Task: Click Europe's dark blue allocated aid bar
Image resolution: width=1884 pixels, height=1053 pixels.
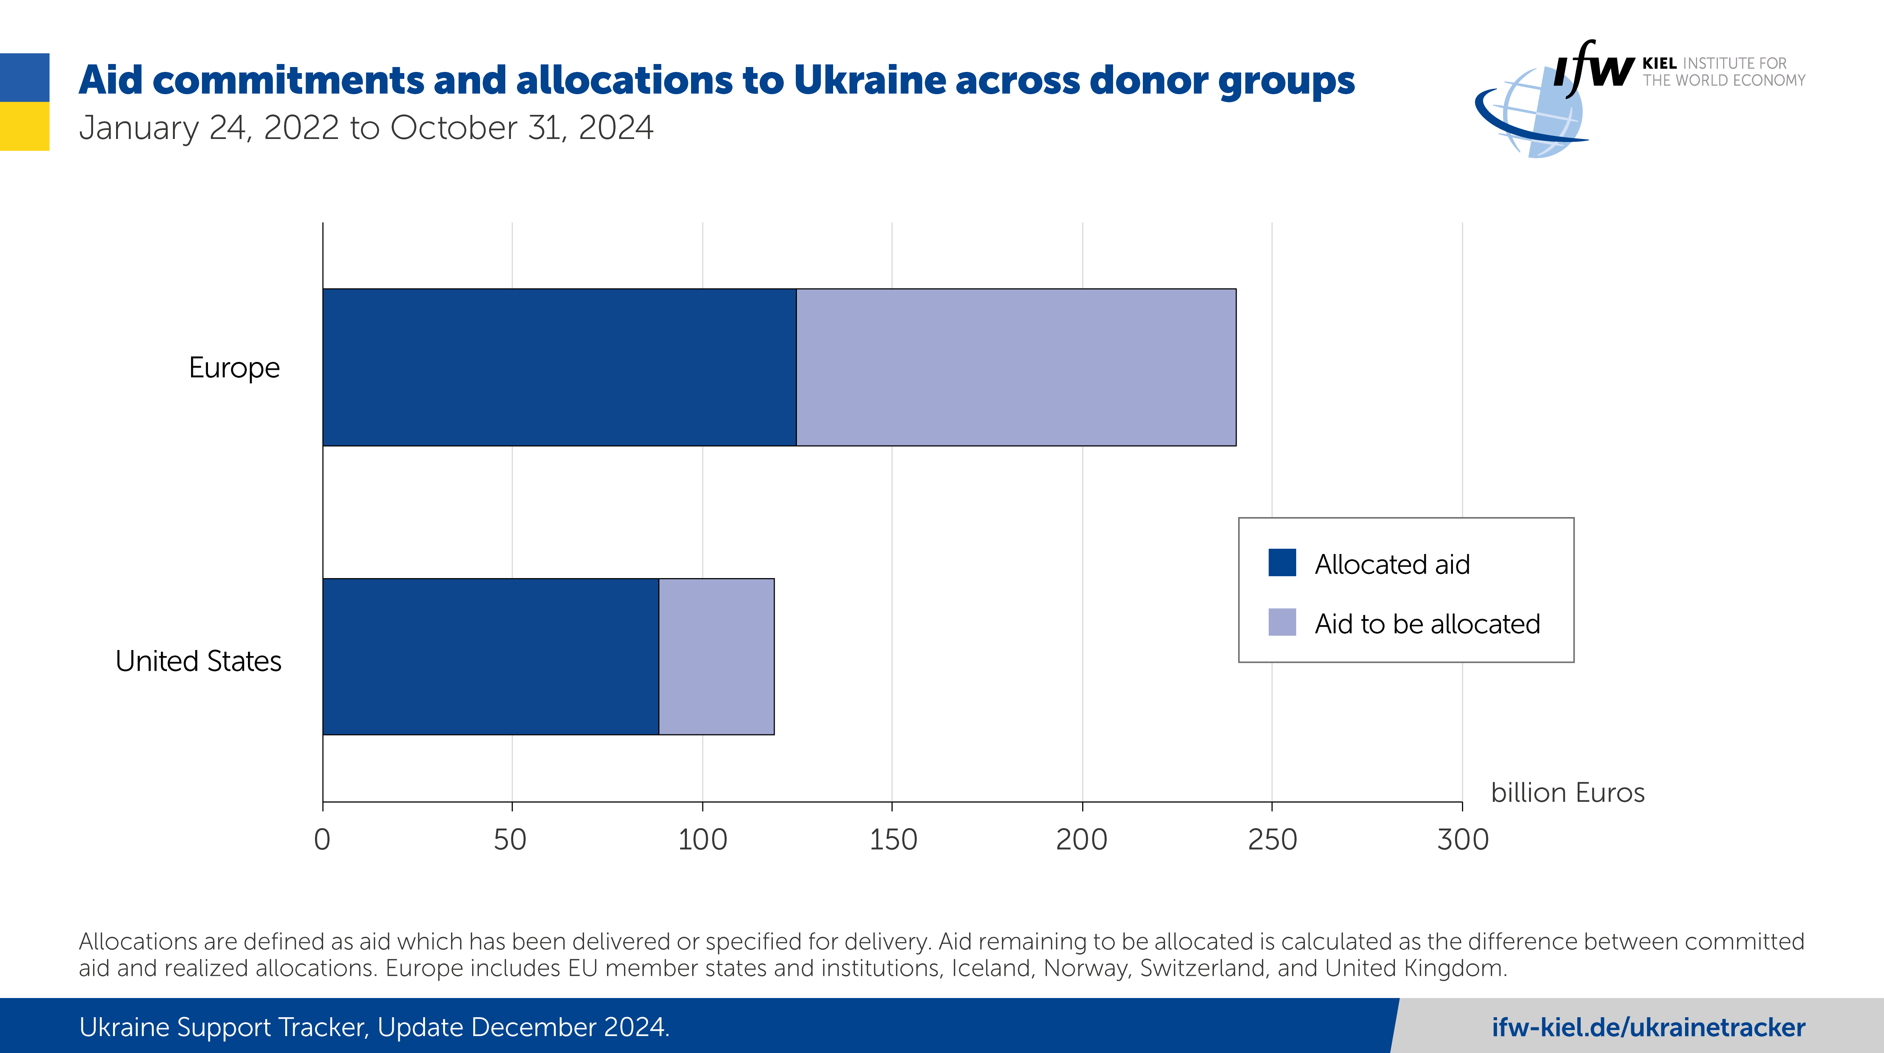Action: (560, 367)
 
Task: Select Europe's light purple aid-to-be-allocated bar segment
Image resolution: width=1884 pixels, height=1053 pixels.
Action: (1016, 367)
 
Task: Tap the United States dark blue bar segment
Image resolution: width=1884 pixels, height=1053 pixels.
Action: (491, 657)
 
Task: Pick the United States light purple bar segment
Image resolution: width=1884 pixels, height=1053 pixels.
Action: (717, 657)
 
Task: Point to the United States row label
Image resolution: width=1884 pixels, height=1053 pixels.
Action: (198, 661)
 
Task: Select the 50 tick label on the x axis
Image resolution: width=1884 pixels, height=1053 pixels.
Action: (511, 839)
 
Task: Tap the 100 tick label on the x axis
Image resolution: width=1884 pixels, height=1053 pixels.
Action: (702, 839)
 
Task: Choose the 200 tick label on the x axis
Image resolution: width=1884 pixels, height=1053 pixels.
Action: (1082, 839)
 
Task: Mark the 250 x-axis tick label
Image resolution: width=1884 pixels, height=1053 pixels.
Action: (1272, 839)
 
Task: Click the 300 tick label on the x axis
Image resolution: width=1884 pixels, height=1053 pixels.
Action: (1463, 839)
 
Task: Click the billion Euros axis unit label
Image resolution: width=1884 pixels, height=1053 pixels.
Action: (1567, 793)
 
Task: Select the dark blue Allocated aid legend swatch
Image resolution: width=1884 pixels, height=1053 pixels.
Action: (1282, 563)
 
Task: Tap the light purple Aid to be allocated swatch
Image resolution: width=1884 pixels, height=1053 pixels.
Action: (1282, 622)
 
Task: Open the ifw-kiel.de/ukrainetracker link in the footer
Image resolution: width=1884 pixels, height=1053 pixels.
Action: (1648, 1027)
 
